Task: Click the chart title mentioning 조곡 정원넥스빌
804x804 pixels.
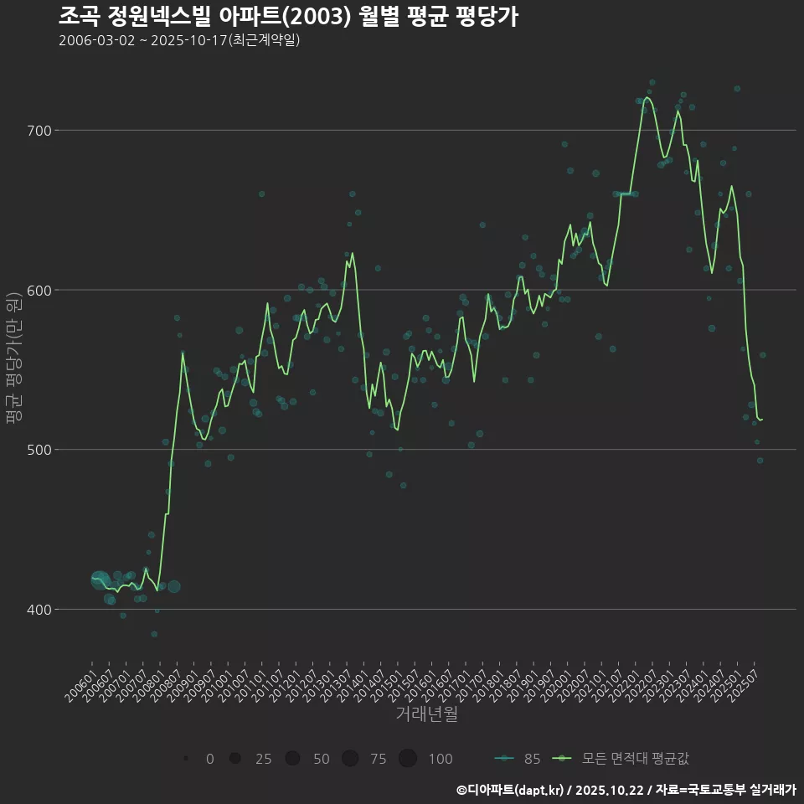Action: point(288,16)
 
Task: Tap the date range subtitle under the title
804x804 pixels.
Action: point(179,41)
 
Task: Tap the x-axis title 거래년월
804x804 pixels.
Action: point(426,714)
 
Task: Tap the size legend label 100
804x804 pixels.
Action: point(440,759)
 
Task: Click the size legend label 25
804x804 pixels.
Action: point(263,759)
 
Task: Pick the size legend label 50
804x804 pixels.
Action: point(321,759)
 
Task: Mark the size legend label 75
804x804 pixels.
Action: point(379,759)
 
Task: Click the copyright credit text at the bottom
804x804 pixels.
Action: point(626,789)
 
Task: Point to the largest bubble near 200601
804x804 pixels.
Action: point(100,579)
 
